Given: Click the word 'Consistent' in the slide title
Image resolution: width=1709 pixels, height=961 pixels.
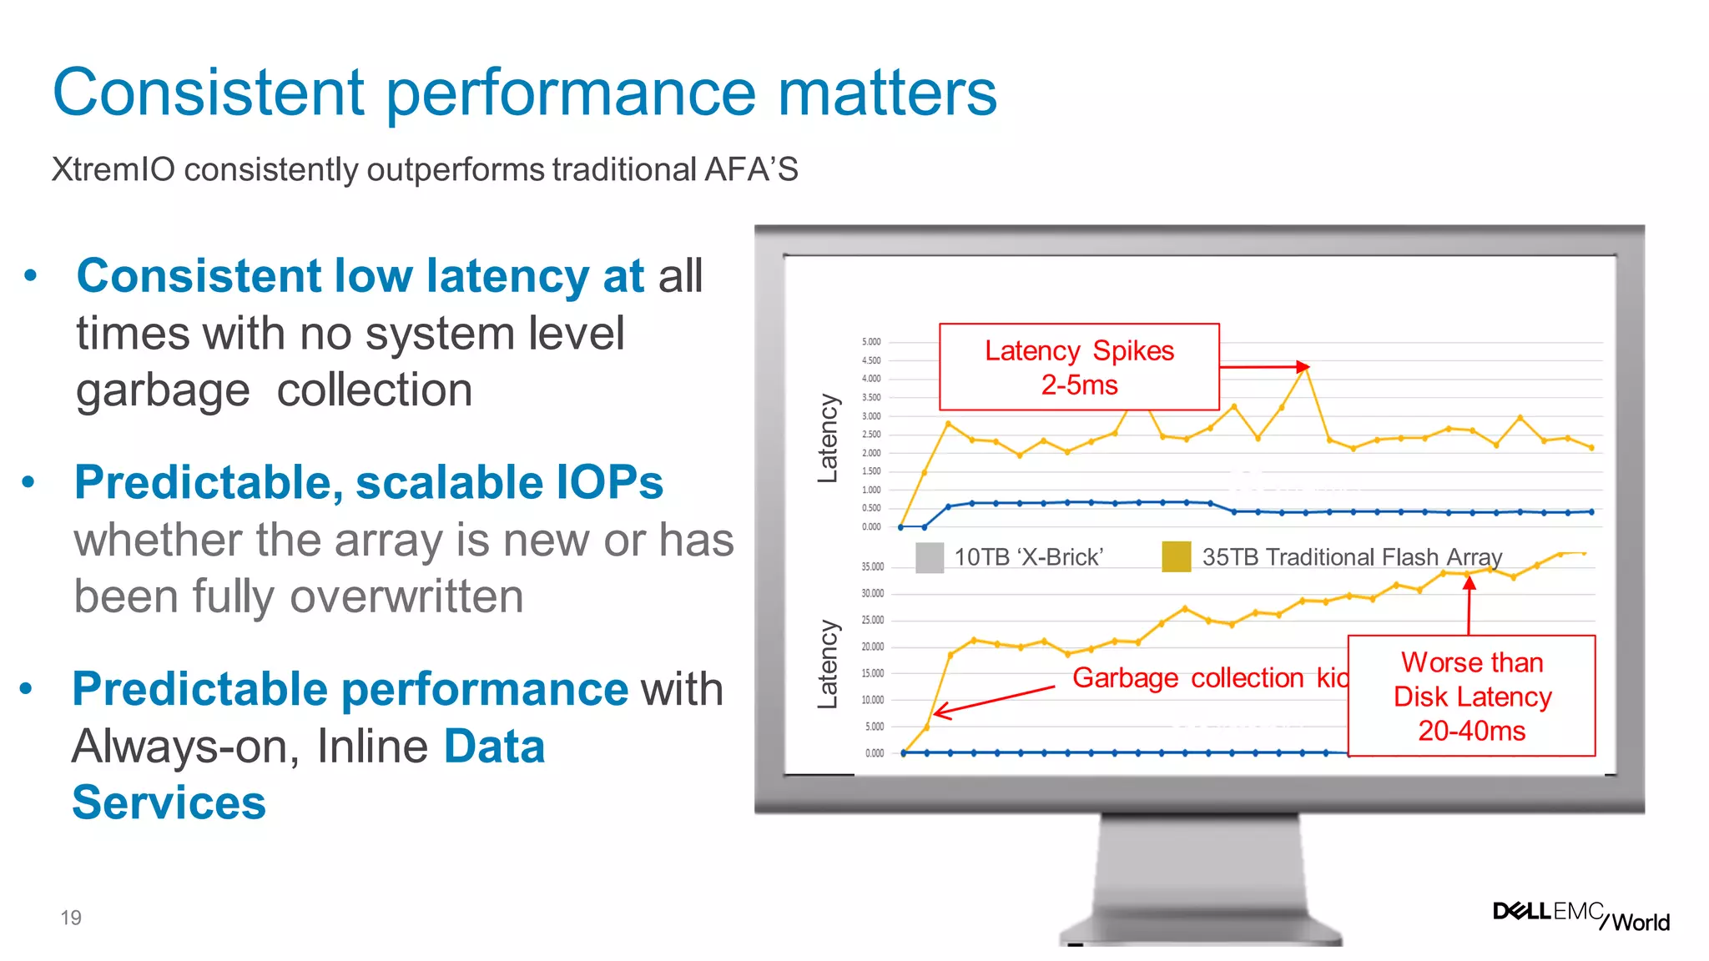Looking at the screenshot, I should pos(209,92).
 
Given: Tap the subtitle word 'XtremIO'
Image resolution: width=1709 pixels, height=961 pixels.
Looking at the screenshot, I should pos(113,169).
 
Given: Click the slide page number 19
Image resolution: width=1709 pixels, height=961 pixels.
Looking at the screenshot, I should pos(71,918).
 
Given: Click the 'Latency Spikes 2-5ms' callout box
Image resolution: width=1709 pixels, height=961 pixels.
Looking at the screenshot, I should pos(1079,367).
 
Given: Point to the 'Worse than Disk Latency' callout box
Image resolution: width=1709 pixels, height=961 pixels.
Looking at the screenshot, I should pos(1471,696).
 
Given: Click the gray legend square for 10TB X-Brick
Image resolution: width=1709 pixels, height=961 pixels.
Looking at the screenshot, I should pos(929,557).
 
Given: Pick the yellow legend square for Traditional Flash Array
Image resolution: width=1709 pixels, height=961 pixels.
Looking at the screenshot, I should pos(1176,556).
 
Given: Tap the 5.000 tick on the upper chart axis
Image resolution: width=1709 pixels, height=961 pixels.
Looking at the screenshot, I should pos(870,342).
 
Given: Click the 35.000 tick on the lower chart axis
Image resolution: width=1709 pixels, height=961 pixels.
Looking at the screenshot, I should pos(872,567).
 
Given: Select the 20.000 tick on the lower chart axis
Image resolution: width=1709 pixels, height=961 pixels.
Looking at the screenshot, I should pos(872,647).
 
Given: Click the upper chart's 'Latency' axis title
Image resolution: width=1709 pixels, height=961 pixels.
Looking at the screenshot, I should pos(827,438).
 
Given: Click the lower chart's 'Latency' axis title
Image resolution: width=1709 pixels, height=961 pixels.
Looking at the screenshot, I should pos(827,664).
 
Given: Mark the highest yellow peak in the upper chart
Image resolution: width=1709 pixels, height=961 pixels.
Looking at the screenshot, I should pos(1305,370).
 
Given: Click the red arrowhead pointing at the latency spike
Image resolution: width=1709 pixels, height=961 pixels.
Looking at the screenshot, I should pos(1303,366).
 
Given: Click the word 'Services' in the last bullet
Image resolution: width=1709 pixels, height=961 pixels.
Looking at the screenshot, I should pos(169,803).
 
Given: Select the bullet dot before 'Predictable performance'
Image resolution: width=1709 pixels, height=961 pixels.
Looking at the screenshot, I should pos(27,688).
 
